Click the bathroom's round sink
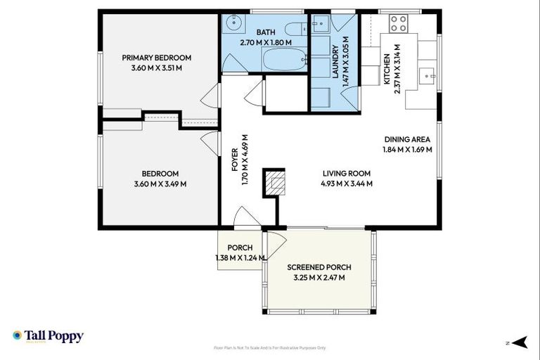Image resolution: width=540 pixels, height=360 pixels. coord(233,23)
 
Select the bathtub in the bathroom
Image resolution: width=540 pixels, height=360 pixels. coord(285,59)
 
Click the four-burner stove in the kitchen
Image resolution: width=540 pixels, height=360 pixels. coord(399,24)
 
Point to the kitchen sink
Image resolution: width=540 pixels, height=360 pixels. coord(426,74)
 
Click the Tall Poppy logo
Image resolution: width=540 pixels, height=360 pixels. coord(48,336)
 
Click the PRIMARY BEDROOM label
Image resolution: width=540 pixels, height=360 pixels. coord(156,58)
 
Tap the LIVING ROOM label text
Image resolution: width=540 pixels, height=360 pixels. coord(346,174)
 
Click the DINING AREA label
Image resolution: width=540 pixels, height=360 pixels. coord(407,139)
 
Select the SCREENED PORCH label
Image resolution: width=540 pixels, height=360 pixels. coord(319,267)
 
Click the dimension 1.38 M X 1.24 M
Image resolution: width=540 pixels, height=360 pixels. coord(240,257)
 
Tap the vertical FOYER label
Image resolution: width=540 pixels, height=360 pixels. coord(235,162)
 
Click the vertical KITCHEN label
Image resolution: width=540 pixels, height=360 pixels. coord(387,69)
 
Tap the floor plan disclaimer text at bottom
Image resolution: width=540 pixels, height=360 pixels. coord(269,347)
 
